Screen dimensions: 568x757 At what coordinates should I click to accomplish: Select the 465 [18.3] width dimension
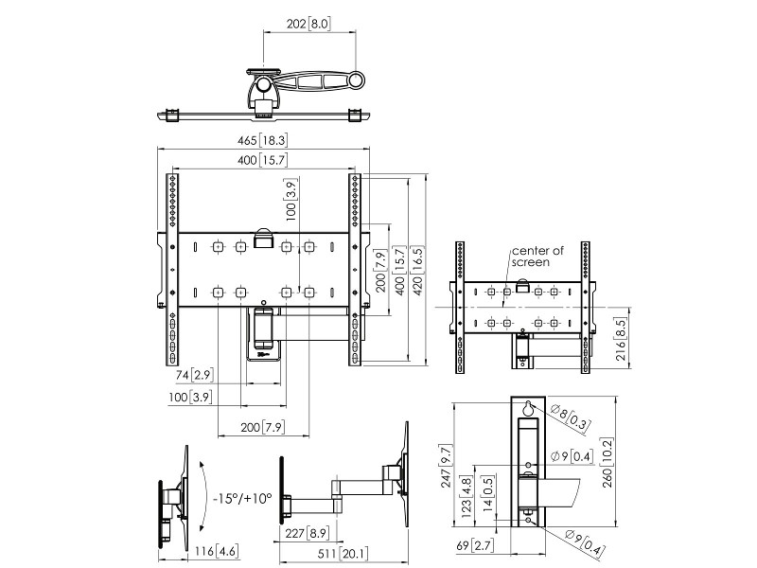262,141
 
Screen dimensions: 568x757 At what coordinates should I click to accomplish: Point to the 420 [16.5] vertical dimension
417,268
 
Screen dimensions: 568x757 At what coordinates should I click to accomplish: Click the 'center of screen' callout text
537,256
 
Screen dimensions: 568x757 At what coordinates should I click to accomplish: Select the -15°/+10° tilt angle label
242,497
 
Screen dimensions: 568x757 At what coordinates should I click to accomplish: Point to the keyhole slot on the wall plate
527,409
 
